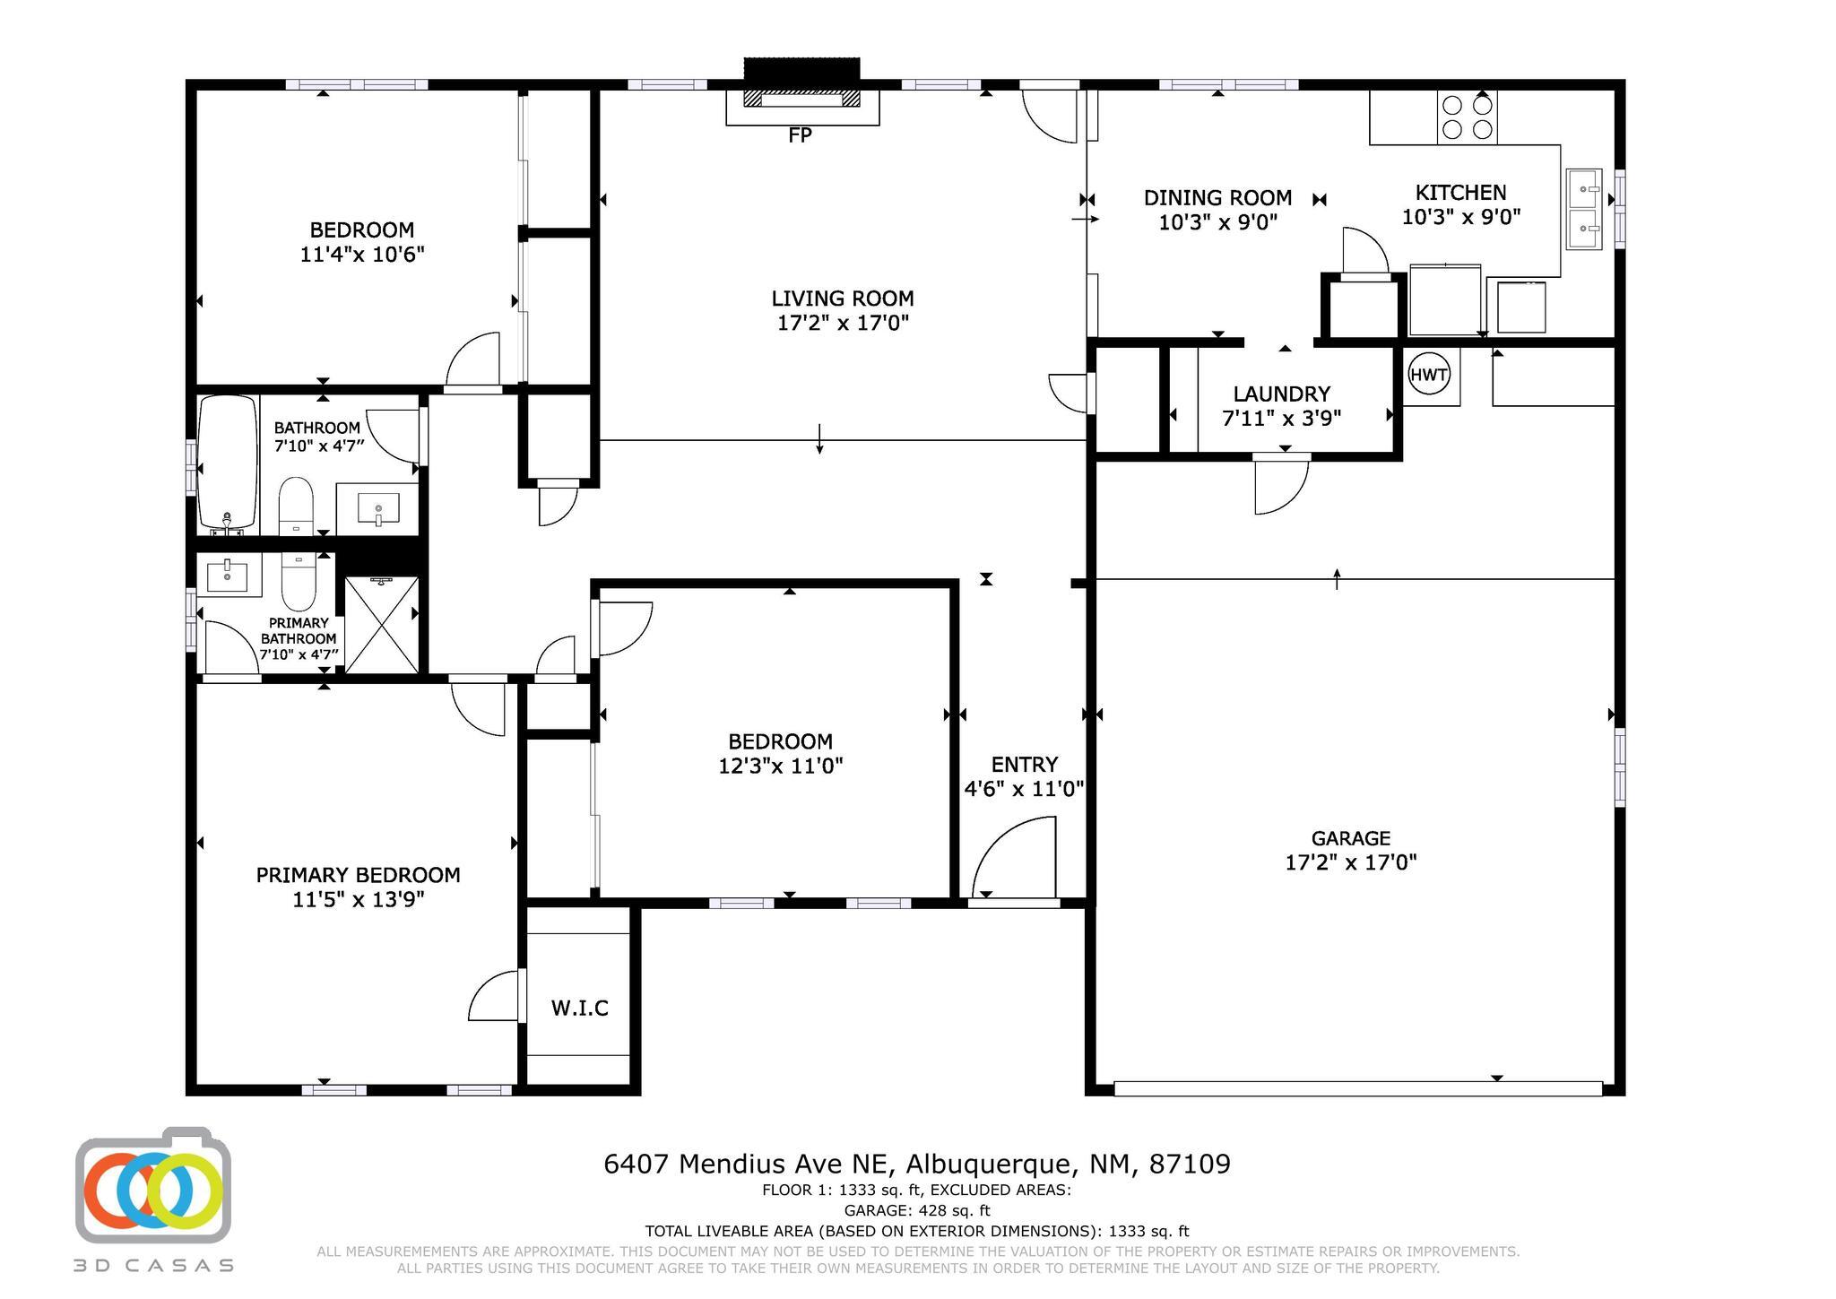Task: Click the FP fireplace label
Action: point(800,135)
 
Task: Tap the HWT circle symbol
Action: point(1428,374)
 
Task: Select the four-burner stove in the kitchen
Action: point(1467,117)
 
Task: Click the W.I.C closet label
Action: point(579,1008)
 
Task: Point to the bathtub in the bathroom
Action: point(227,463)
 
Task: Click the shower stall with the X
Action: point(382,624)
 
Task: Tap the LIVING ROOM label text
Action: point(843,299)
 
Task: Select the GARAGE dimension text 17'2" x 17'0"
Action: point(1350,862)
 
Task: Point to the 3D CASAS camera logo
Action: point(153,1185)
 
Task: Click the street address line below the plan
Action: point(917,1164)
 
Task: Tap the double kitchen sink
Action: point(1584,209)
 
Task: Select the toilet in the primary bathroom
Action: point(299,580)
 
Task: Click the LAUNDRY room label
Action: point(1281,394)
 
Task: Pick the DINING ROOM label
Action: point(1217,197)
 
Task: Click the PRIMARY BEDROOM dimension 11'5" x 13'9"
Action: point(358,899)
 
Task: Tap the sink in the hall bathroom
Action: point(377,508)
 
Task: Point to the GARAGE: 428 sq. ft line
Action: point(917,1210)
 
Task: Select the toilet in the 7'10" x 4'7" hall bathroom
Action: point(295,506)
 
